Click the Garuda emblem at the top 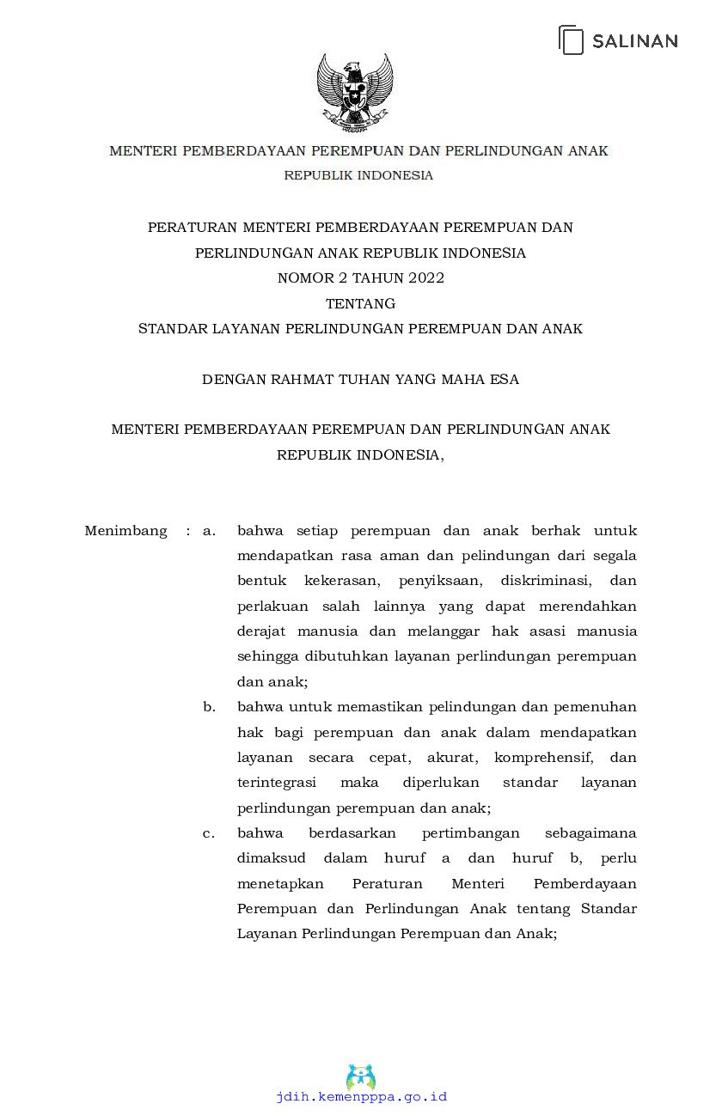click(354, 92)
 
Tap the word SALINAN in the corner click(634, 40)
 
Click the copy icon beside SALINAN click(572, 40)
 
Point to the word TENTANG click(360, 303)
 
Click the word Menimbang click(125, 531)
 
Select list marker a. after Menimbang click(209, 531)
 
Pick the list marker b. click(209, 707)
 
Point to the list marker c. click(209, 833)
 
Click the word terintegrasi click(276, 783)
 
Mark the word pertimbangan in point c click(470, 833)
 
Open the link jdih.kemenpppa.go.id click(361, 1097)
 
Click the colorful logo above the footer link click(361, 1076)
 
